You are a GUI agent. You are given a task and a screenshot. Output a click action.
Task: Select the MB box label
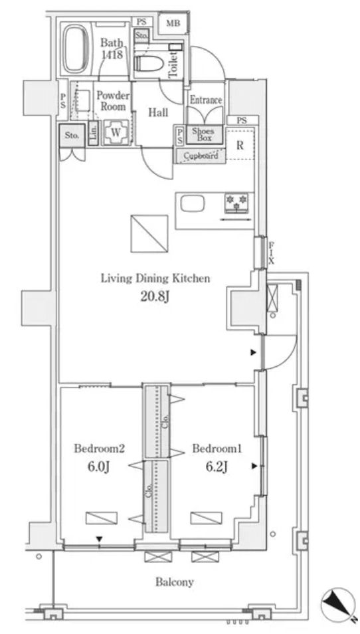coord(173,24)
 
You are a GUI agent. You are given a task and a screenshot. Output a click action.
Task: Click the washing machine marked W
coord(116,132)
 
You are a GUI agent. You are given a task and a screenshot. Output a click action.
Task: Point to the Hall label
coord(158,113)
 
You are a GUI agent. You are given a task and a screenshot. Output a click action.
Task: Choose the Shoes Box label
coord(202,134)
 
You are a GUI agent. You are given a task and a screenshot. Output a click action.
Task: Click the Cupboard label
coord(201,156)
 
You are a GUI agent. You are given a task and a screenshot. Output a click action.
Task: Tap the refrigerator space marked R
coord(239,146)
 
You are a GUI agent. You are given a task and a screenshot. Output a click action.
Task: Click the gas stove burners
coord(236,200)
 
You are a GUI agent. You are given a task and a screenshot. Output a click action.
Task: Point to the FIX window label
coord(271,253)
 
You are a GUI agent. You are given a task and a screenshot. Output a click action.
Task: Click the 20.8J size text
coord(155,296)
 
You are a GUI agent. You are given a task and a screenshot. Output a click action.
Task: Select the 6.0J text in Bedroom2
coord(98,467)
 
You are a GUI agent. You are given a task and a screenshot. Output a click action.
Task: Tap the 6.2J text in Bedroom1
coord(217,467)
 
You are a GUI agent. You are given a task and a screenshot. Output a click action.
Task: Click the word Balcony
coord(175,582)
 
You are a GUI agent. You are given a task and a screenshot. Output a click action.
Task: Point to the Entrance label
coord(205,100)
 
